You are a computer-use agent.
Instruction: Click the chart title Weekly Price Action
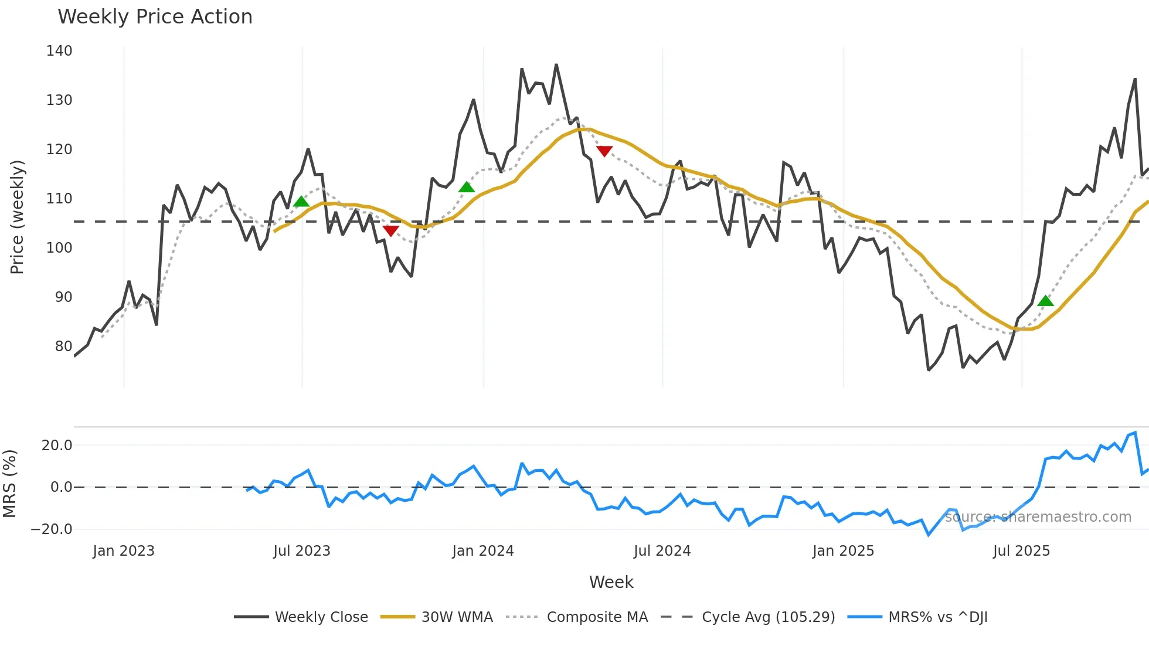[x=155, y=17]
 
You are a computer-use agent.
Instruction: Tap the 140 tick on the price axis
[x=59, y=51]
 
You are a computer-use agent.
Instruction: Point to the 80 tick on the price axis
[x=63, y=346]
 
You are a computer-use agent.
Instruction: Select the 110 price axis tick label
[x=59, y=199]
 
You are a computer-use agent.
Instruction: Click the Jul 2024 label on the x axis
[x=662, y=551]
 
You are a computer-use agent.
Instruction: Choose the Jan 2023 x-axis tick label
[x=124, y=551]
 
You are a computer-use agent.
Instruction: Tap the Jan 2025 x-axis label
[x=843, y=551]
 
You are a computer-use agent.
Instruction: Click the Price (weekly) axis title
[x=17, y=217]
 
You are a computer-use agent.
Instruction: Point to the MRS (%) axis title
[x=9, y=484]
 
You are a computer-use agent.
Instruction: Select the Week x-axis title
[x=611, y=582]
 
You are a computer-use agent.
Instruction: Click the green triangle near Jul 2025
[x=1045, y=301]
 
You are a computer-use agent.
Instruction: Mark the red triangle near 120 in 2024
[x=604, y=151]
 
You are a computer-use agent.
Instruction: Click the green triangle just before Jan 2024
[x=467, y=188]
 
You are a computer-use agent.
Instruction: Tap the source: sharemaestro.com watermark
[x=1038, y=517]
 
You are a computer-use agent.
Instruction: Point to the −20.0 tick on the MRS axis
[x=52, y=529]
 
